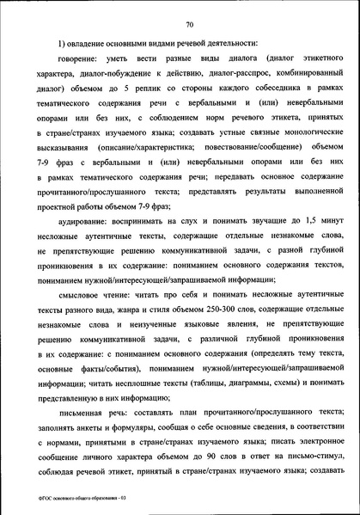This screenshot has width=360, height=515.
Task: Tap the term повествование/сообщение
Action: (236, 156)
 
